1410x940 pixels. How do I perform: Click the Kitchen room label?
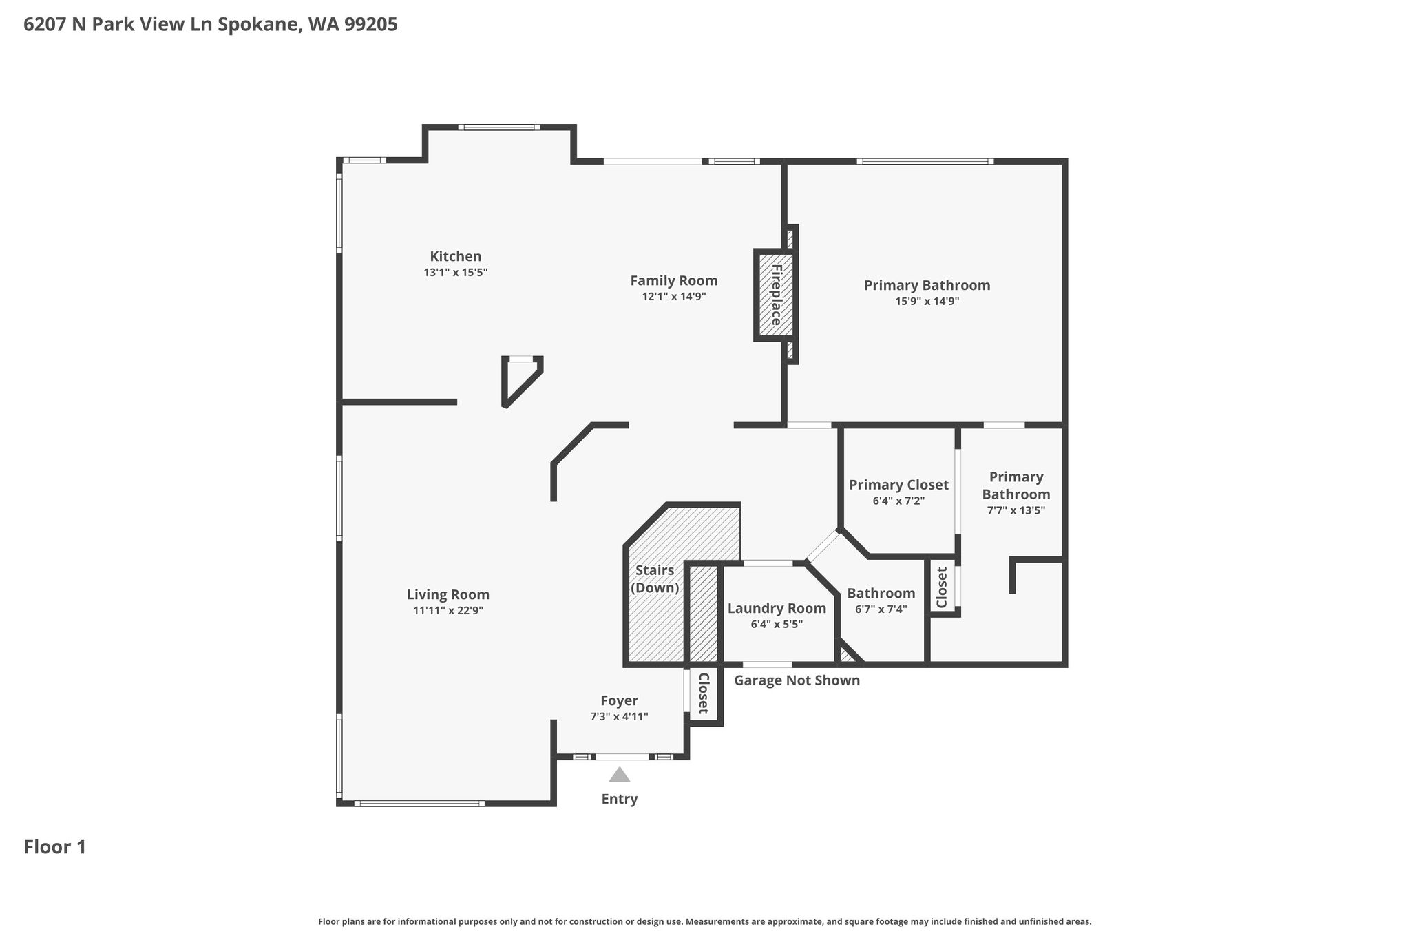coord(455,256)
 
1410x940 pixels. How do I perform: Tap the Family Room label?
coord(674,281)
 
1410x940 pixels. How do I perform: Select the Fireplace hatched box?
coord(775,295)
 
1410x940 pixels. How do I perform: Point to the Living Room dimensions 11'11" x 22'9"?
coord(448,610)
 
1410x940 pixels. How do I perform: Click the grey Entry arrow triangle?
coord(620,775)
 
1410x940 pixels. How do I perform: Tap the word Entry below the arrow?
coord(620,799)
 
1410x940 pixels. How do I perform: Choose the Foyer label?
coord(619,701)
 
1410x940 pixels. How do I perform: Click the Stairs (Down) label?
coord(655,579)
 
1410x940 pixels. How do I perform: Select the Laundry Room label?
coord(777,609)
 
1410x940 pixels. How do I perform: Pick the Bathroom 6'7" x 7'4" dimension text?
coord(881,609)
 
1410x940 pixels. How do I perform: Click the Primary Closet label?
coord(898,485)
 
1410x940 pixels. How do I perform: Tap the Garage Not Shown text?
coord(797,680)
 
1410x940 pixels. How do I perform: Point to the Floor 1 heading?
coord(55,847)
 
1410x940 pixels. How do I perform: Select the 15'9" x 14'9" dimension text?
coord(927,301)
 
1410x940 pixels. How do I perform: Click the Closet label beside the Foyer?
coord(704,693)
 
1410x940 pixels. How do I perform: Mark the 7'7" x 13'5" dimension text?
coord(1016,510)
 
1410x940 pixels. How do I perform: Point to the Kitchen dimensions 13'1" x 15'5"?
coord(455,273)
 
